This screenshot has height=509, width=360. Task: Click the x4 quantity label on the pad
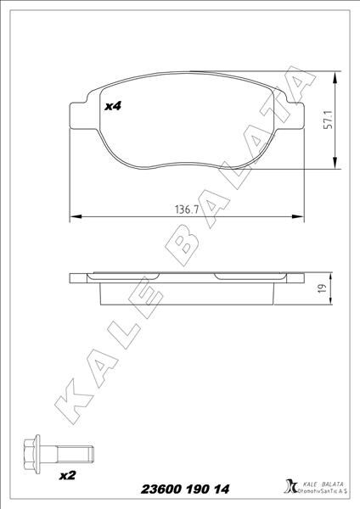click(x=113, y=106)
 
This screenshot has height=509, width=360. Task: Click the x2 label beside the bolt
click(x=67, y=476)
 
